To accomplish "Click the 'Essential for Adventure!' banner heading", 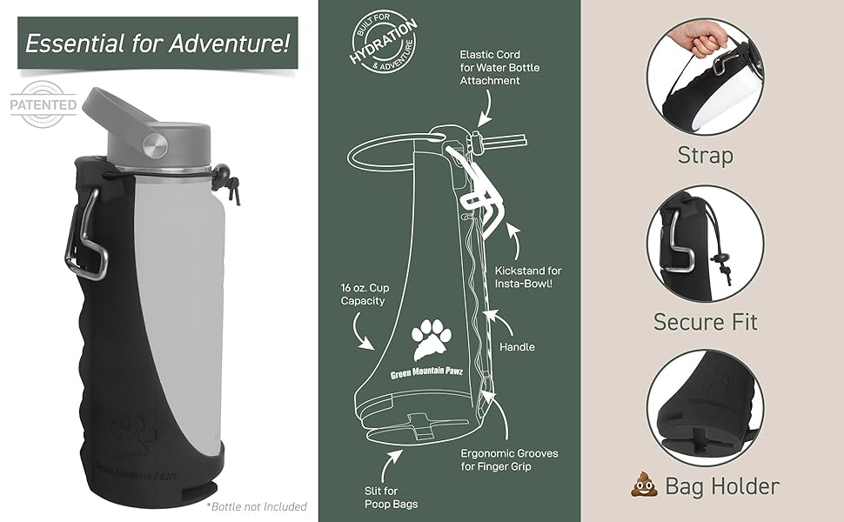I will (157, 42).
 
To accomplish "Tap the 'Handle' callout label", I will (517, 347).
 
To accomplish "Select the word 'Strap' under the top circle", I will (705, 156).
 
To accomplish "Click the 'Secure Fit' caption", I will (706, 322).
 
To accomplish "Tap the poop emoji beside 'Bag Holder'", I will (645, 485).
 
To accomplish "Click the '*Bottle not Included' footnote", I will (257, 506).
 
